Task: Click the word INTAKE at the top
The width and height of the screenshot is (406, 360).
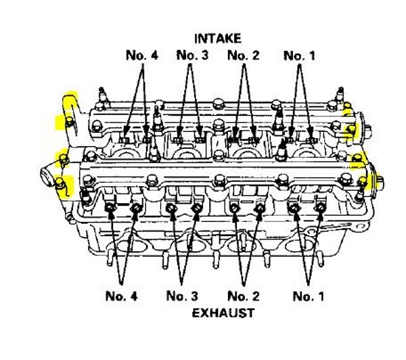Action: pyautogui.click(x=218, y=38)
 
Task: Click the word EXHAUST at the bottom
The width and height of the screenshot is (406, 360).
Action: pyautogui.click(x=223, y=313)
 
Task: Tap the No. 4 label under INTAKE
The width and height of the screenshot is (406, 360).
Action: pyautogui.click(x=142, y=55)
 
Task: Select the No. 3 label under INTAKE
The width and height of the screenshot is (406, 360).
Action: pyautogui.click(x=192, y=55)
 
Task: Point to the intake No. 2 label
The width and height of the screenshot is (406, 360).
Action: pyautogui.click(x=244, y=55)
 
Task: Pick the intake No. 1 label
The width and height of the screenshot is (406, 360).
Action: pyautogui.click(x=299, y=55)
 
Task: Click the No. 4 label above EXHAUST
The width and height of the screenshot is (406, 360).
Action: pyautogui.click(x=122, y=296)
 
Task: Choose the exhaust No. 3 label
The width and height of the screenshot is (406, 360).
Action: pyautogui.click(x=183, y=296)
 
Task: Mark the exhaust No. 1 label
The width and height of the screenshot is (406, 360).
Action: pyautogui.click(x=309, y=296)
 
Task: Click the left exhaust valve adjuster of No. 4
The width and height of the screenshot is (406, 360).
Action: pyautogui.click(x=110, y=208)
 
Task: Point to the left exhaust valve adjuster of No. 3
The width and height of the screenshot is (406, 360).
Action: pyautogui.click(x=172, y=208)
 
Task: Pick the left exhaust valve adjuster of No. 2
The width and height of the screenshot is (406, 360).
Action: pyautogui.click(x=234, y=208)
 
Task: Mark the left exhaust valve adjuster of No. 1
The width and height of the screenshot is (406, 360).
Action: pyautogui.click(x=296, y=208)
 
